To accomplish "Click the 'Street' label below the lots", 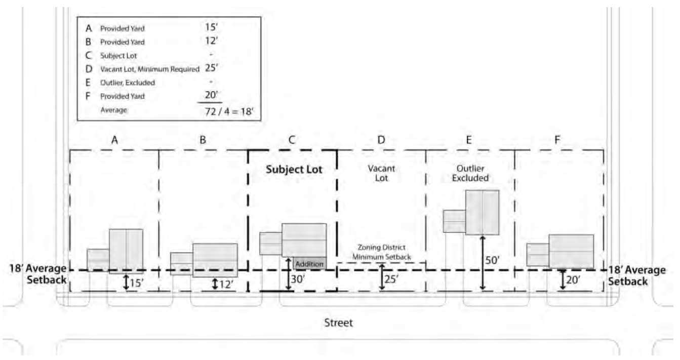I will (338, 323).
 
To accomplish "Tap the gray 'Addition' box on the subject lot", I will (309, 264).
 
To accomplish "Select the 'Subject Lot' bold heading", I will (294, 170).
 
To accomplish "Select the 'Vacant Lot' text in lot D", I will (381, 173).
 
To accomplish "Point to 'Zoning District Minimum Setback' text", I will (381, 252).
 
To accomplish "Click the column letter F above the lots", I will (557, 140).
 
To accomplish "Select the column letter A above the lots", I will (114, 140).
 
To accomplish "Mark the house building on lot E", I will (482, 212).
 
